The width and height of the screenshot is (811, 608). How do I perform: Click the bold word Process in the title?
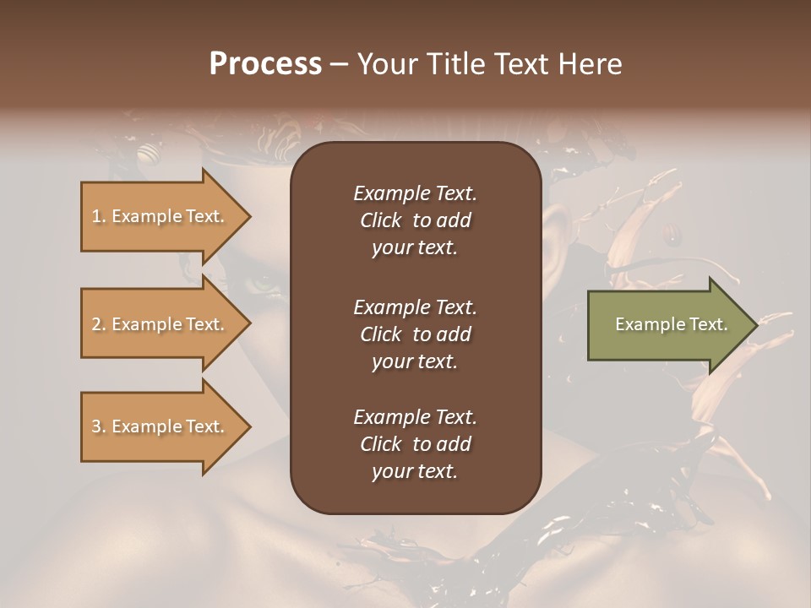(x=265, y=64)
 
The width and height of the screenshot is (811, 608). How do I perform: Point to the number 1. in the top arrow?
(x=99, y=216)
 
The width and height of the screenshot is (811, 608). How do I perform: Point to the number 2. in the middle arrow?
(x=99, y=324)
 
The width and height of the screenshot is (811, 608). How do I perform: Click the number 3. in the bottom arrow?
(x=99, y=426)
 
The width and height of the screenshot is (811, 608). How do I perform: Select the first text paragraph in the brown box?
(x=415, y=220)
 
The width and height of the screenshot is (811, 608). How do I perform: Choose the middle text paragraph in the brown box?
(x=415, y=334)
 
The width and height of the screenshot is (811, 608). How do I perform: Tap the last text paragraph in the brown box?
(x=415, y=444)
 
